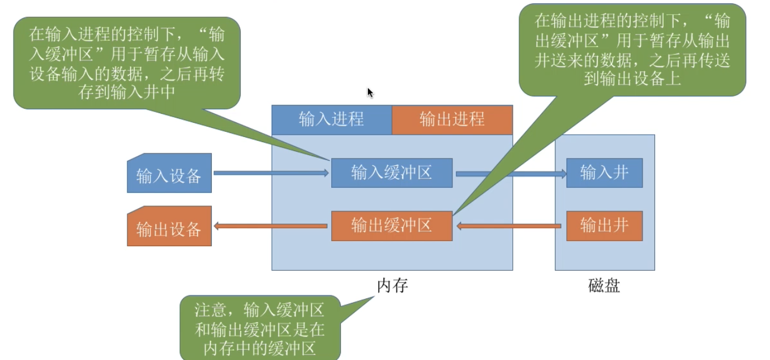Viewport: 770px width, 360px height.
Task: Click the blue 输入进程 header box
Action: (x=332, y=119)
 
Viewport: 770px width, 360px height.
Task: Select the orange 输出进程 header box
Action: (x=452, y=119)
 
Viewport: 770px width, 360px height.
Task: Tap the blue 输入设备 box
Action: (x=169, y=173)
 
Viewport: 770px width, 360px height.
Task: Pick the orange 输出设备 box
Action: (x=169, y=226)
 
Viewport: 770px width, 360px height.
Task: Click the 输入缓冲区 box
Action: (x=392, y=173)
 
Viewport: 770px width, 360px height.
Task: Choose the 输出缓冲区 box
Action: (x=392, y=226)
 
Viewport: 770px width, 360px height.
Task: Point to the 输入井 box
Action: (x=604, y=173)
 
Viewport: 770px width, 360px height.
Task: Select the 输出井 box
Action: (x=604, y=226)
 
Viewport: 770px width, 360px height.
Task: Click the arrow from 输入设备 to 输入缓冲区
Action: (x=271, y=173)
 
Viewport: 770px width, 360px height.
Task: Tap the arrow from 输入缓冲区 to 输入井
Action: (x=511, y=174)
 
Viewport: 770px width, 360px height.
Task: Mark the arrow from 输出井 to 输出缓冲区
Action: (x=509, y=226)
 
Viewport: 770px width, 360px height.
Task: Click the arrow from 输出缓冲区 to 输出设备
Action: (x=271, y=226)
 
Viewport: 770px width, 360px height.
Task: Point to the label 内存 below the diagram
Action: (x=392, y=286)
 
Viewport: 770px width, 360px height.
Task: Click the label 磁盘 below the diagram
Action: (x=604, y=286)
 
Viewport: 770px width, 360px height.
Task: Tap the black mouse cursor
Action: (x=370, y=93)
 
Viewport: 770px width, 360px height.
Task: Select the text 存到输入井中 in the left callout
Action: (x=126, y=92)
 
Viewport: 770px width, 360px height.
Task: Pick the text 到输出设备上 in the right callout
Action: (x=632, y=79)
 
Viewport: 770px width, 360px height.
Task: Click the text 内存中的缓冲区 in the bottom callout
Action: (x=259, y=349)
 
